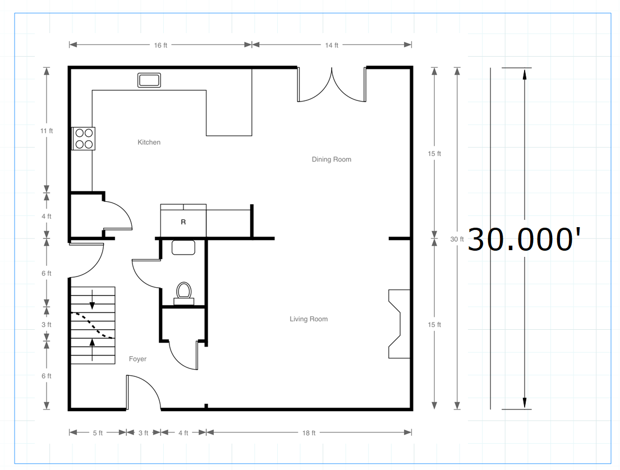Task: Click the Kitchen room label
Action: (x=149, y=142)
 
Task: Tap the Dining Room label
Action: (x=332, y=159)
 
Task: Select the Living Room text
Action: (x=309, y=319)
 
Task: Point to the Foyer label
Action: (x=137, y=359)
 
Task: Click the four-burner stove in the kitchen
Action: (x=84, y=139)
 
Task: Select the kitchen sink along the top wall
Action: (x=149, y=80)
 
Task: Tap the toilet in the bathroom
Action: (x=183, y=293)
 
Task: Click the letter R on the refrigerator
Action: (x=183, y=222)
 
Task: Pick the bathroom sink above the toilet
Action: (x=183, y=247)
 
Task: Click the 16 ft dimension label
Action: (x=160, y=45)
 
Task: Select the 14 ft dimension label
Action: (x=332, y=45)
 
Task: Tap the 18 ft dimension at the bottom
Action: (x=309, y=433)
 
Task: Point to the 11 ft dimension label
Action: (x=47, y=131)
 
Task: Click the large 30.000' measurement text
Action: (x=524, y=239)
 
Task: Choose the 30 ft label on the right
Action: (x=457, y=239)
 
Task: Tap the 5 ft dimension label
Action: (x=98, y=433)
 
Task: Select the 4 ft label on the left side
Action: (x=47, y=216)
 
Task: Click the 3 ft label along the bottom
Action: (x=143, y=433)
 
